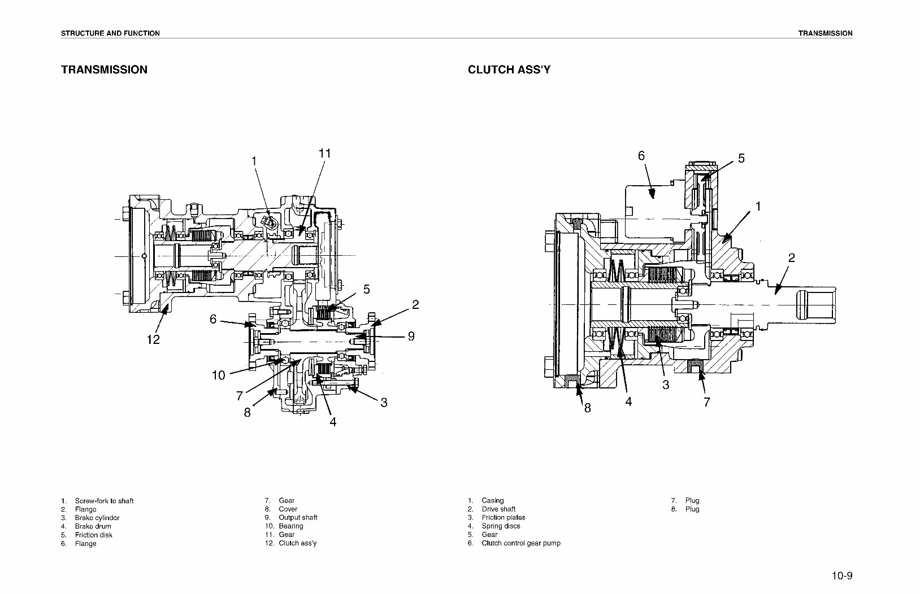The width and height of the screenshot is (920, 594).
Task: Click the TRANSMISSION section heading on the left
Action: (104, 69)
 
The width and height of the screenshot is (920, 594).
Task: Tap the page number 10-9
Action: (841, 576)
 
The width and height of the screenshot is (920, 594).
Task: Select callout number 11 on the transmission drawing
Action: (324, 154)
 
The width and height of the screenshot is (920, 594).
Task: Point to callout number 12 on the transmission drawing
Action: (153, 339)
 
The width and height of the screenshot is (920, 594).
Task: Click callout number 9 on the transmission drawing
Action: (411, 336)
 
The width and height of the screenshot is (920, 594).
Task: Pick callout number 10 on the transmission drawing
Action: (219, 375)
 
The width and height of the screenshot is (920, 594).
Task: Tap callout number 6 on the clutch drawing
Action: (641, 155)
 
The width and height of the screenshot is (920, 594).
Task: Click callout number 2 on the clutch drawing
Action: (791, 257)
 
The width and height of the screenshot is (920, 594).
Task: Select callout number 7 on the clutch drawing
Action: (706, 402)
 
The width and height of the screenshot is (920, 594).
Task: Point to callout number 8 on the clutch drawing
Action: (587, 408)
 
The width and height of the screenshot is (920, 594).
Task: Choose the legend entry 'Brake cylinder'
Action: (97, 518)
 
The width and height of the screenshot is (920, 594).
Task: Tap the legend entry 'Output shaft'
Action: (298, 517)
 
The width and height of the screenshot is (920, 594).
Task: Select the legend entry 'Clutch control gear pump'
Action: (520, 543)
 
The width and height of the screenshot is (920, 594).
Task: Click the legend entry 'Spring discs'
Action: (501, 526)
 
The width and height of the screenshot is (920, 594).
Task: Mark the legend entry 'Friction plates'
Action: (503, 517)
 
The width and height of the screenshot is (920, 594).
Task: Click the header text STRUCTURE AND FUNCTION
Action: (110, 33)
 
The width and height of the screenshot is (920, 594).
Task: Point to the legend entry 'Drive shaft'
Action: (498, 509)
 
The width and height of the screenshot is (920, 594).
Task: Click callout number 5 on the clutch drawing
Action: (741, 159)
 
